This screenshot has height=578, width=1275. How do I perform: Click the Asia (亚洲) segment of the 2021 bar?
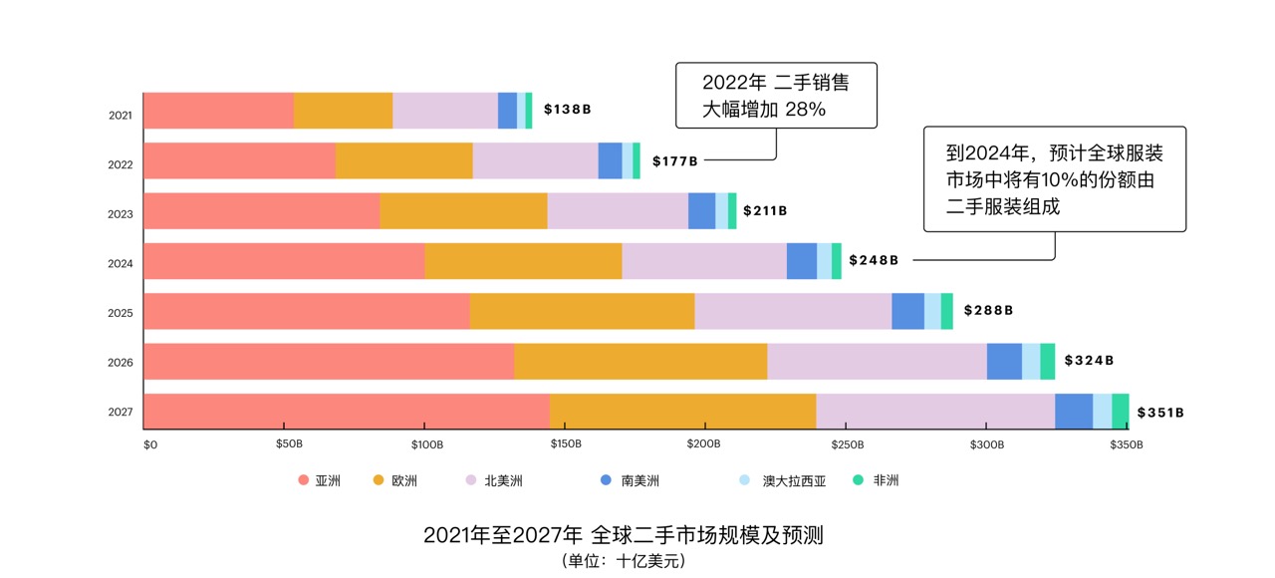(x=218, y=111)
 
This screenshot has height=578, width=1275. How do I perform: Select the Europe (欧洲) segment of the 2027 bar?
(x=682, y=412)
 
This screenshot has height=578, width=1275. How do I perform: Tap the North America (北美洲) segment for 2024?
(x=703, y=261)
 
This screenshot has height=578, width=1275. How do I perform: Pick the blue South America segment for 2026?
(x=1004, y=362)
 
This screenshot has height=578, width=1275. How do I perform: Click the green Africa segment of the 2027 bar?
(x=1121, y=412)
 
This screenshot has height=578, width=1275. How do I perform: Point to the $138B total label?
(x=567, y=110)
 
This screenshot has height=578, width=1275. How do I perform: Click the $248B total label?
(x=874, y=260)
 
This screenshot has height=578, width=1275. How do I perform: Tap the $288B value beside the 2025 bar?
(x=988, y=311)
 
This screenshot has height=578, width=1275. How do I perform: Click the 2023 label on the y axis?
(x=121, y=214)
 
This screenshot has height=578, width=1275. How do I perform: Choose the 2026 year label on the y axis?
(x=121, y=363)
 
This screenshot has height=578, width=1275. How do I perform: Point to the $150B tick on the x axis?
(x=565, y=444)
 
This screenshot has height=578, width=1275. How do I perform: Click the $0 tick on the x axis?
(x=150, y=444)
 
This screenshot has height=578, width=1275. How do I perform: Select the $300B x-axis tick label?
(x=986, y=444)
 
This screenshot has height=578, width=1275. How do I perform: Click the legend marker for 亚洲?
(x=304, y=480)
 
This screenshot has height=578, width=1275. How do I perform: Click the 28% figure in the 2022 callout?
(x=806, y=110)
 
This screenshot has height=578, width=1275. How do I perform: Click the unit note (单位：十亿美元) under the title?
(x=624, y=561)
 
